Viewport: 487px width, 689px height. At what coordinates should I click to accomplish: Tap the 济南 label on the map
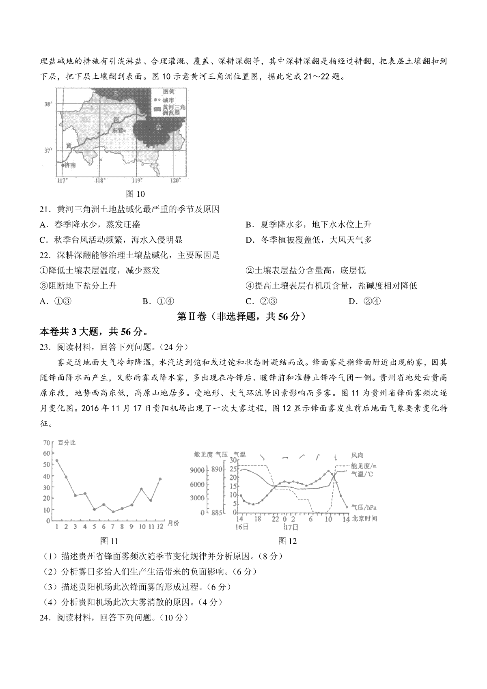click(70, 165)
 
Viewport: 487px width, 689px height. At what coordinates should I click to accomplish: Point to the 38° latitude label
click(48, 105)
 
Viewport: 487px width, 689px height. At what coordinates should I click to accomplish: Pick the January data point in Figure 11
click(57, 461)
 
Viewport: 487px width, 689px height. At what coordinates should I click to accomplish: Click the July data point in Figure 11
click(113, 512)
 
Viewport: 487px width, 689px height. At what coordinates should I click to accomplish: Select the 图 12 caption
click(287, 541)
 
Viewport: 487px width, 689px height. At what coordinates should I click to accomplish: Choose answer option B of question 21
click(308, 224)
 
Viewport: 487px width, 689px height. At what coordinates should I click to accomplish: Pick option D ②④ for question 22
click(360, 301)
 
